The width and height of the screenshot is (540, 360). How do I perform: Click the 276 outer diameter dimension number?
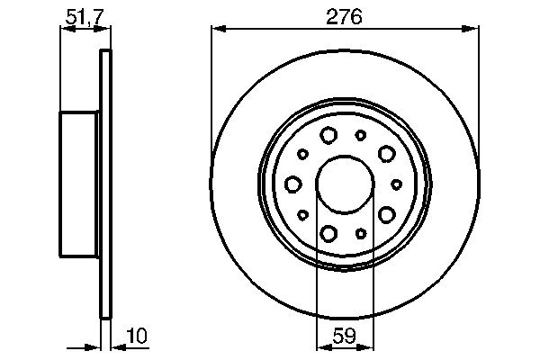[x=345, y=17]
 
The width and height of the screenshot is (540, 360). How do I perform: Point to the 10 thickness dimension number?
[x=136, y=336]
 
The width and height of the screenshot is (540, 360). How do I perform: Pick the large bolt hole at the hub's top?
[x=328, y=136]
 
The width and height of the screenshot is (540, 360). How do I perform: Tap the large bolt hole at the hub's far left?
[x=292, y=184]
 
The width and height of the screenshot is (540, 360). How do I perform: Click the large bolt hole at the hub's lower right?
[x=387, y=214]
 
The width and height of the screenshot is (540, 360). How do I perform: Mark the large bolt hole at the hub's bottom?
[x=328, y=234]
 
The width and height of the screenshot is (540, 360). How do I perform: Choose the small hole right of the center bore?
[x=397, y=184]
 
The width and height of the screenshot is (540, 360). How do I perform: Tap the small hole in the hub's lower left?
[x=303, y=215]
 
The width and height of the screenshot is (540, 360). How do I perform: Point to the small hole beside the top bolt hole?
[x=360, y=135]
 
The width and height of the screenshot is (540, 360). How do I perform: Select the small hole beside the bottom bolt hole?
[x=361, y=234]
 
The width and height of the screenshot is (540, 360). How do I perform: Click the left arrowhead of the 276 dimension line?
[x=217, y=30]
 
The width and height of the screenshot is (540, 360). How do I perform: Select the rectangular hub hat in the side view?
[x=78, y=184]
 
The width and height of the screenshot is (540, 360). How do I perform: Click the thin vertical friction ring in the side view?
[x=105, y=184]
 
